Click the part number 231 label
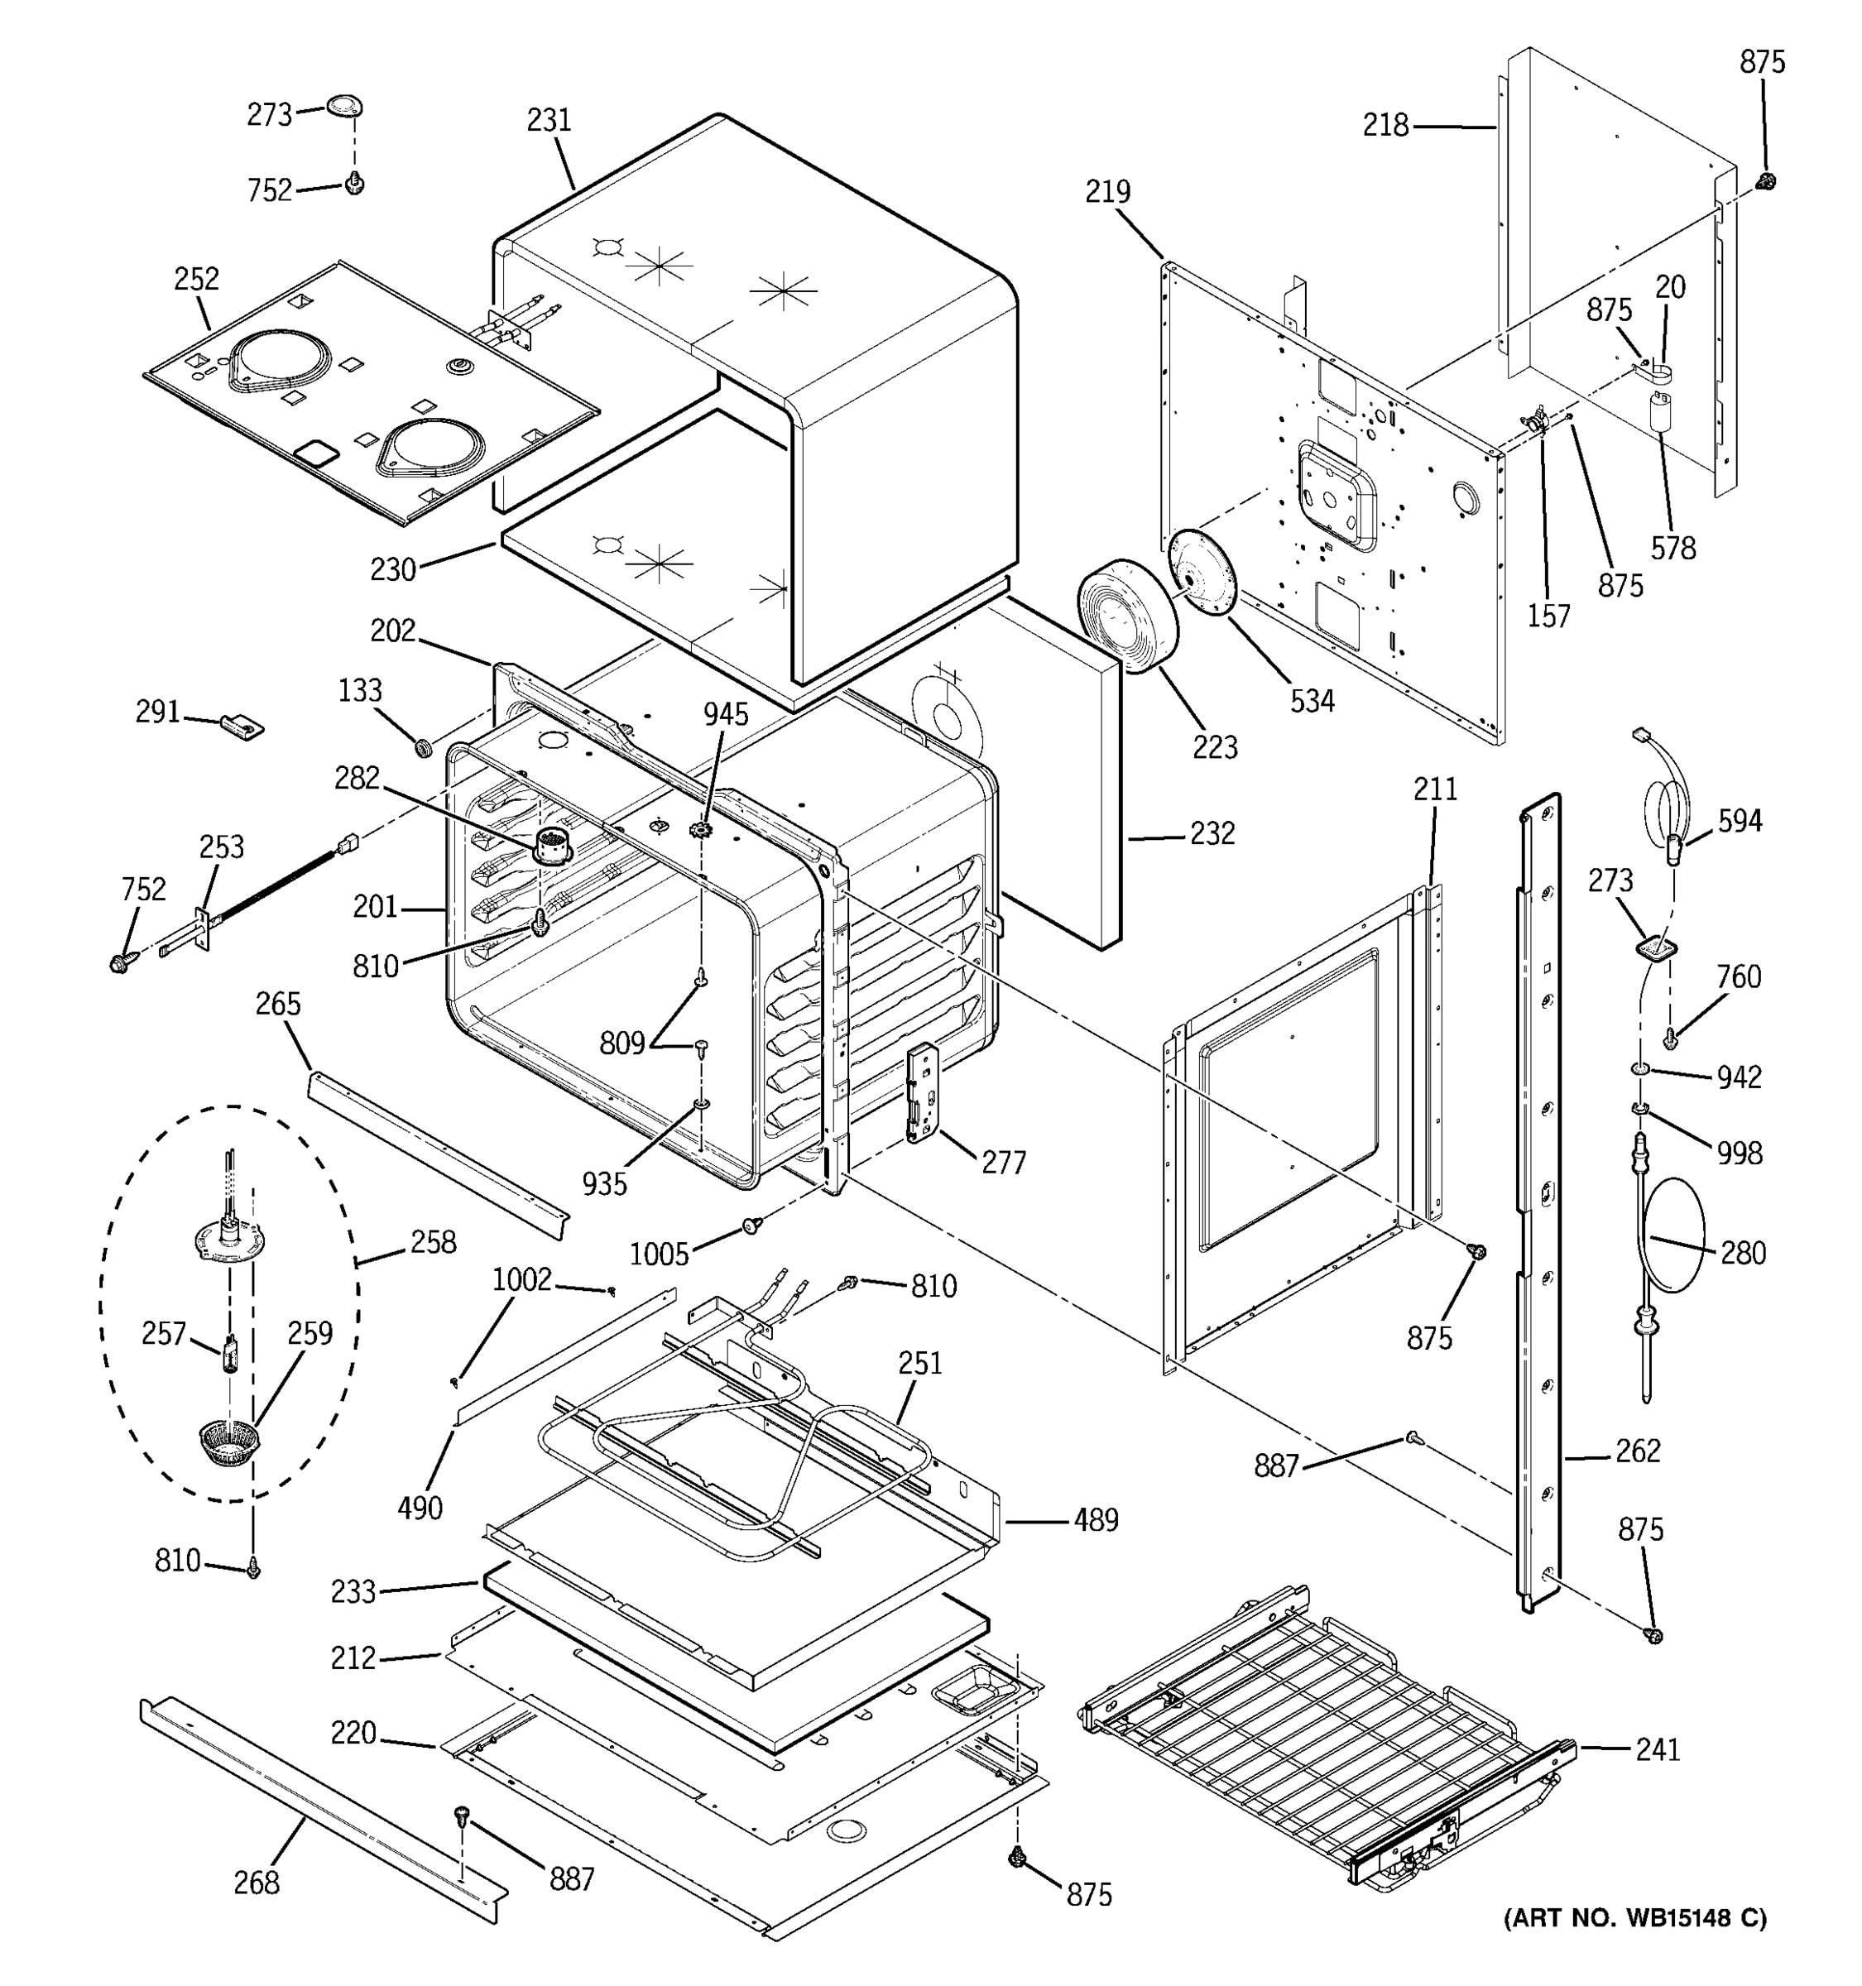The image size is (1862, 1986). (549, 120)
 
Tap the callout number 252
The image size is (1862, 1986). (196, 279)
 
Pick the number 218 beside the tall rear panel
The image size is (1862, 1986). (1385, 126)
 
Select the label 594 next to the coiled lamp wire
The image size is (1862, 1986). (1740, 821)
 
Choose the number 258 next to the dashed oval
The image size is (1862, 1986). (433, 1242)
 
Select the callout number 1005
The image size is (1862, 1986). (658, 1253)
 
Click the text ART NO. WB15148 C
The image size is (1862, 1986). (1634, 1918)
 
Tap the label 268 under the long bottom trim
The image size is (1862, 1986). (256, 1882)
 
